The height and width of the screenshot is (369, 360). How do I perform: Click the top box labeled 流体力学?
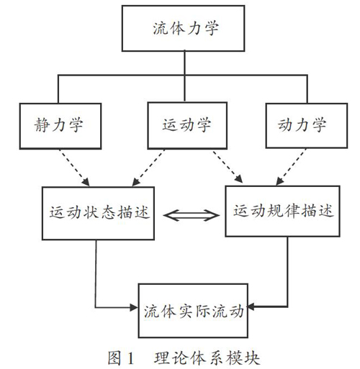pos(183,28)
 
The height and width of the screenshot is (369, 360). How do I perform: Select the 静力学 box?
pos(60,126)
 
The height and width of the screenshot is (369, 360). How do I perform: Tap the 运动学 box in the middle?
pos(187,125)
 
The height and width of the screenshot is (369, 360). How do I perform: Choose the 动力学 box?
pos(307,126)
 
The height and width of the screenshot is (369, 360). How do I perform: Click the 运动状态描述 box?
pos(98,213)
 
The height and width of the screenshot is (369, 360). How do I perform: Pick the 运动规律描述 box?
pos(282,211)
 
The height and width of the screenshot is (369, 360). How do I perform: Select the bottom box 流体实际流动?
pos(193,311)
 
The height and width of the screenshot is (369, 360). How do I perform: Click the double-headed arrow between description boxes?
pos(192,215)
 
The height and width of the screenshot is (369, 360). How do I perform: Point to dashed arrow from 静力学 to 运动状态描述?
pos(74,168)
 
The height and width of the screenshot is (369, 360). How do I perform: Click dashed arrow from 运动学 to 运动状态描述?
pos(148,168)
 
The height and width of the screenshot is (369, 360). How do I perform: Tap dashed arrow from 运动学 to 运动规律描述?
pos(228,166)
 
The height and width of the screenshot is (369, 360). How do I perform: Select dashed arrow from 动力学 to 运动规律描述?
pos(291,167)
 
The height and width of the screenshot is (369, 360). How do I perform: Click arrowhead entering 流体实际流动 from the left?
pos(134,307)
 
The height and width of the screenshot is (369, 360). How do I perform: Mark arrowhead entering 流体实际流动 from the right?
pos(251,306)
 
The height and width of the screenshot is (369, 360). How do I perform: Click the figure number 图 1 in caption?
pos(120,358)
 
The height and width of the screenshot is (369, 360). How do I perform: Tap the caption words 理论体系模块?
pos(207,358)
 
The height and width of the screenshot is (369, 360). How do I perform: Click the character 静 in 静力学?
pos(42,125)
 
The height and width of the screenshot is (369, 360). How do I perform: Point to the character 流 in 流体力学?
pos(161,28)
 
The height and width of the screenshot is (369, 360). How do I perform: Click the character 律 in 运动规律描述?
pos(292,211)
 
